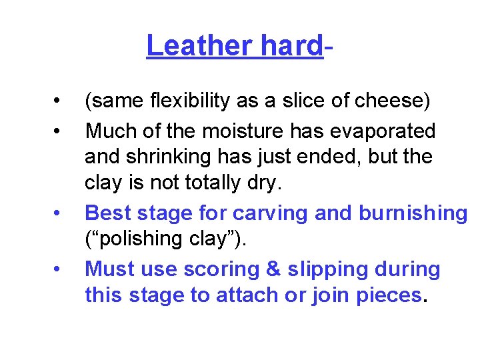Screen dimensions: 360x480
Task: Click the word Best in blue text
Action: tap(107, 213)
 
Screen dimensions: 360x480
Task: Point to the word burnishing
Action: tap(413, 213)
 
